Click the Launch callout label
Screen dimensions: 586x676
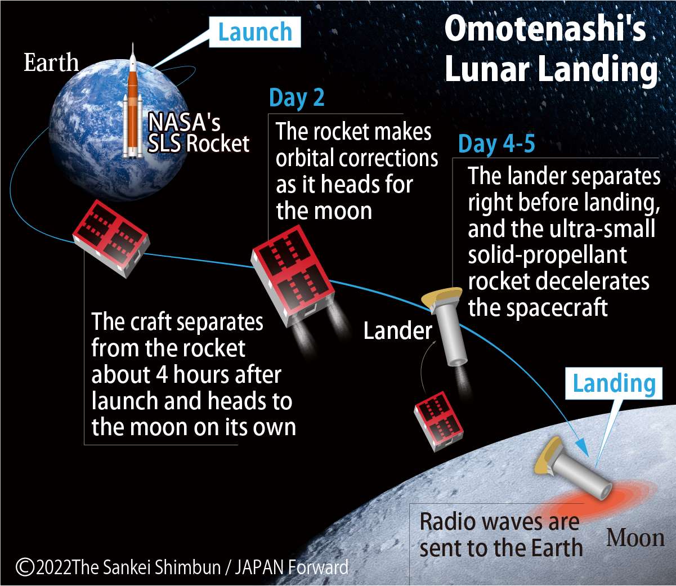(x=255, y=32)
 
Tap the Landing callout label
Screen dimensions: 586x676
(x=614, y=384)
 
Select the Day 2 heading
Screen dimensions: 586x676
(x=297, y=98)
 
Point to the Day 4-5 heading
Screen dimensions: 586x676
(x=496, y=144)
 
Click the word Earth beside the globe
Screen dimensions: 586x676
(x=51, y=62)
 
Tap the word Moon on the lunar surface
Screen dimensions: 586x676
(x=635, y=538)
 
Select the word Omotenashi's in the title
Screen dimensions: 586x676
(x=545, y=29)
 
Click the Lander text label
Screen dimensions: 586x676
(x=397, y=331)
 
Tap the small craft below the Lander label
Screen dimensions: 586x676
(x=438, y=421)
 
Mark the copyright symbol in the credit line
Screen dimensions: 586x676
(x=25, y=566)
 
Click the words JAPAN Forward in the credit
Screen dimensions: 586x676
(x=292, y=567)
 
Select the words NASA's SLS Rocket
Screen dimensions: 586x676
(x=197, y=133)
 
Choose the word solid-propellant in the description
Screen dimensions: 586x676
(x=547, y=255)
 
